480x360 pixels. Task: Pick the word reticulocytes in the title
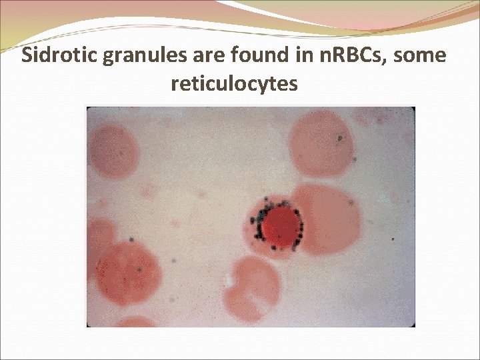click(x=234, y=85)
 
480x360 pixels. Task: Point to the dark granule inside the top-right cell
click(x=339, y=139)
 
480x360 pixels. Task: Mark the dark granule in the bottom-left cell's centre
click(x=139, y=270)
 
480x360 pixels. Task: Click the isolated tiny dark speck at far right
click(x=393, y=238)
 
